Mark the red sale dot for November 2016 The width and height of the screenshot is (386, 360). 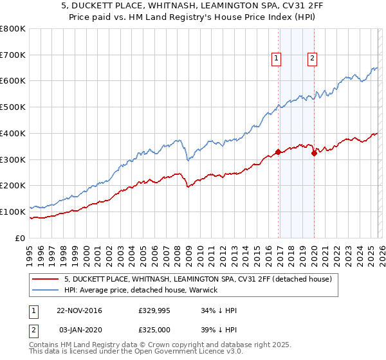coord(278,152)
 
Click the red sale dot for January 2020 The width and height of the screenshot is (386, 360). coord(313,153)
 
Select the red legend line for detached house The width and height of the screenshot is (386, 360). coord(46,280)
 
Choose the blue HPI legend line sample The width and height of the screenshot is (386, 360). coord(46,290)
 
